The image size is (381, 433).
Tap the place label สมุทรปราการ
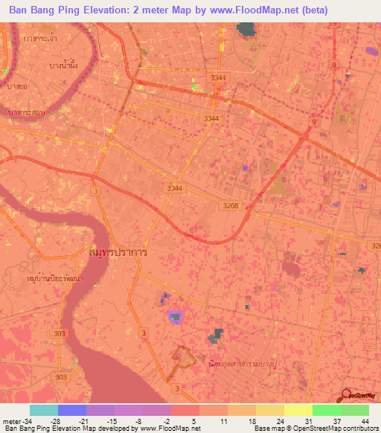(117, 252)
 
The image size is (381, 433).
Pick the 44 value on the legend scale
(364, 421)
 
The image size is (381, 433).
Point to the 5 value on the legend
(195, 421)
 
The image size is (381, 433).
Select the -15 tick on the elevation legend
(110, 421)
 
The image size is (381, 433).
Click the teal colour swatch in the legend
(44, 410)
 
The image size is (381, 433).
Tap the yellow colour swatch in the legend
(298, 410)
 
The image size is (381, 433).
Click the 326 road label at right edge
(375, 245)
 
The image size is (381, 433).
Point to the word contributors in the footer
(360, 429)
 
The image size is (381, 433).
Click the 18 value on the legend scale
(251, 421)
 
